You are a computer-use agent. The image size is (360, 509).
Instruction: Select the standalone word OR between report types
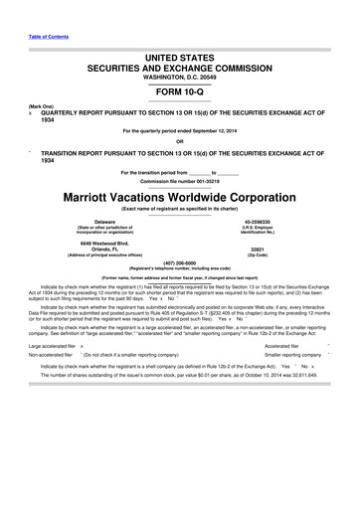pos(180,140)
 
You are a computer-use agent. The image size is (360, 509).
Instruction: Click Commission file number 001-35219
pos(180,180)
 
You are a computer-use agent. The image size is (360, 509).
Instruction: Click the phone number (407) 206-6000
pos(180,263)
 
